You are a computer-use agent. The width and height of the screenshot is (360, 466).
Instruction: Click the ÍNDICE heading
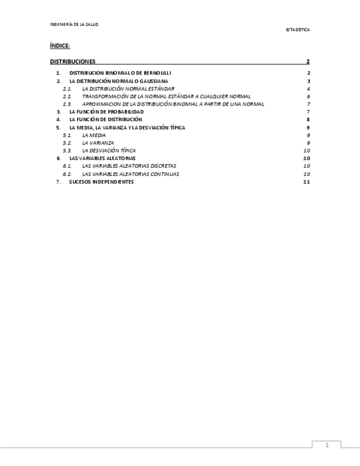(59, 46)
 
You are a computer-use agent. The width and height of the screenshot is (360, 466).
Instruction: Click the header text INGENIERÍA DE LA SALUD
(74, 24)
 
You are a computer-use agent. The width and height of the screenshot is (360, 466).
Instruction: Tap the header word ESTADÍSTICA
(297, 30)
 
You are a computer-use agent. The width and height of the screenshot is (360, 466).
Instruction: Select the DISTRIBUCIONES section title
(73, 62)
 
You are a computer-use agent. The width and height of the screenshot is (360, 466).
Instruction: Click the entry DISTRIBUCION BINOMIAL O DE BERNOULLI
(120, 73)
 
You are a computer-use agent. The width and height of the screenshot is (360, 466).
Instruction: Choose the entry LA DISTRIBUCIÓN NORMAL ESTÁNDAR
(128, 88)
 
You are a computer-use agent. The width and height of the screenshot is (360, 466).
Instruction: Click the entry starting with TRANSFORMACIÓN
(166, 96)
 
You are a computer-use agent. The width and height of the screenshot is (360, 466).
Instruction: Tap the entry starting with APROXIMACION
(173, 104)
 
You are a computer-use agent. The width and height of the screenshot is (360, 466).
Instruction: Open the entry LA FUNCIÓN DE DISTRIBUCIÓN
(105, 119)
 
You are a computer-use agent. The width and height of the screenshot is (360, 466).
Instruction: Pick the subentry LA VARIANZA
(98, 142)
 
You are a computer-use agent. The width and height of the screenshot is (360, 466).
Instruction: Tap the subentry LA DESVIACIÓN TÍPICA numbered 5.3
(108, 150)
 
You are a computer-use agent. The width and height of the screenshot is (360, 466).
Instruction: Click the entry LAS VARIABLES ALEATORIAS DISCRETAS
(129, 165)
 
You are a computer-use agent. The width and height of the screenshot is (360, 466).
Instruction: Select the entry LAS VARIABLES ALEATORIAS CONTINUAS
(130, 174)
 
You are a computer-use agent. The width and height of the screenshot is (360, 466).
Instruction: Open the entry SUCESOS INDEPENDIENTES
(101, 181)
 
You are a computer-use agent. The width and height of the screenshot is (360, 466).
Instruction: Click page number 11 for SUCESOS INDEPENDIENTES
(307, 181)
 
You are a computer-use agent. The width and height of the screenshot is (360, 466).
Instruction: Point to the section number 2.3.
(67, 104)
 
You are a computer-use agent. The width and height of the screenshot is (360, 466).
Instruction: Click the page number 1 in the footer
(326, 446)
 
